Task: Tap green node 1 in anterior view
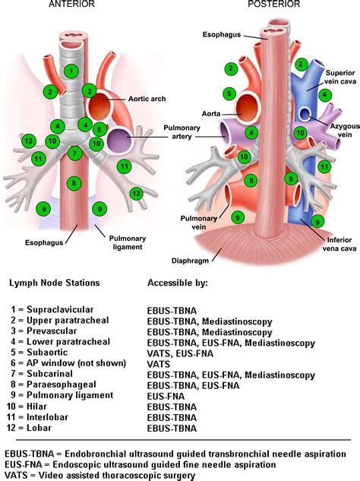click(71, 71)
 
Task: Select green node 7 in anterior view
click(74, 153)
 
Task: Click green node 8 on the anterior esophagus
click(72, 183)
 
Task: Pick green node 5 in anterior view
click(100, 129)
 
